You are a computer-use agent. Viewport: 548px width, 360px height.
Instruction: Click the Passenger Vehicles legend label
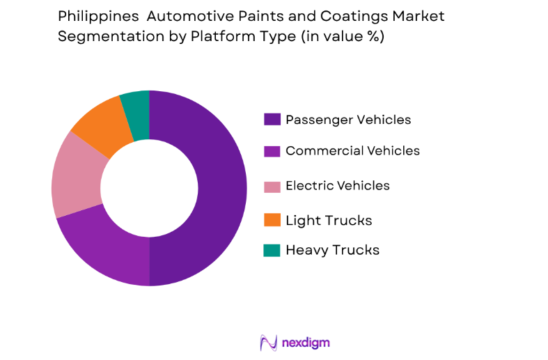[x=348, y=120]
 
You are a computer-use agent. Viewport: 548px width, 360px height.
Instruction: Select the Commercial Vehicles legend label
[x=352, y=150]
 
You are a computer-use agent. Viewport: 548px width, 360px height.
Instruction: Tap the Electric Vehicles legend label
[x=337, y=185]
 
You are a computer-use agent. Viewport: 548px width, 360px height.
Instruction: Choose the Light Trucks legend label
[x=329, y=220]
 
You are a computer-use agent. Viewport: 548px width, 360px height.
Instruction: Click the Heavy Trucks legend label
[x=332, y=250]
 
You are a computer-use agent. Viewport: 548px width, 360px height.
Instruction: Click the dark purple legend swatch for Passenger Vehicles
[x=272, y=120]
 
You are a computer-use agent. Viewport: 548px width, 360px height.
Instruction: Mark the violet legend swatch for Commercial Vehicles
[x=272, y=151]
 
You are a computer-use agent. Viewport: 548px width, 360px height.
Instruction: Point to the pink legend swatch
[x=272, y=186]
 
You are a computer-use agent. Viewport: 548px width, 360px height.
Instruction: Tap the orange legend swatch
[x=272, y=220]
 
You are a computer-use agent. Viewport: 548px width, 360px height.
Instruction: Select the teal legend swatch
[x=272, y=250]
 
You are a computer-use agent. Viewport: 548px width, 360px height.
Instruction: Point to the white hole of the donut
[x=149, y=188]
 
